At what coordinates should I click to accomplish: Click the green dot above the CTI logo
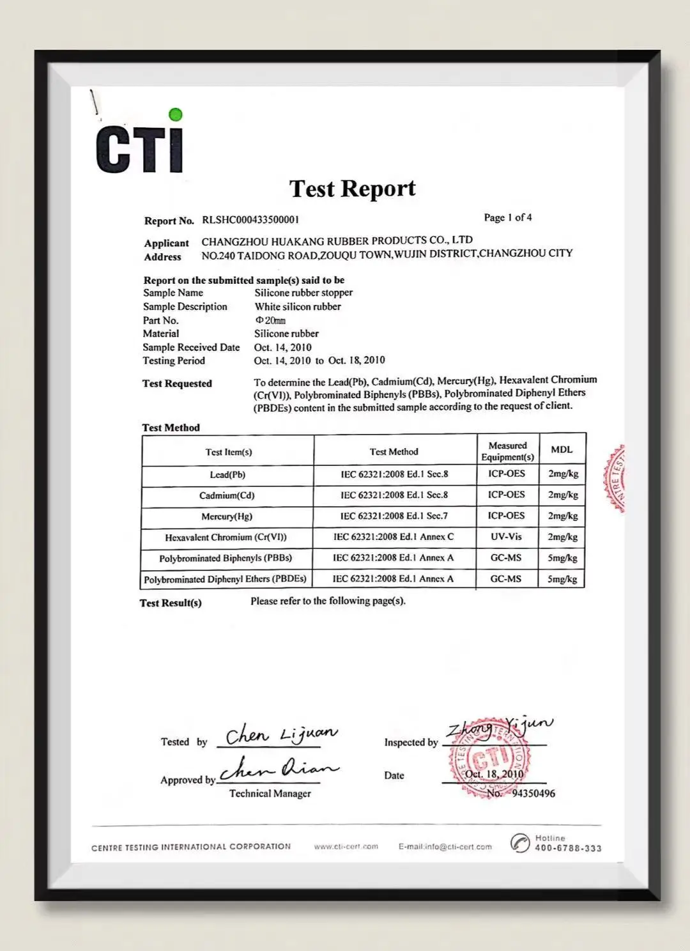tap(176, 115)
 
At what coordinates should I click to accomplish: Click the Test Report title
tap(352, 189)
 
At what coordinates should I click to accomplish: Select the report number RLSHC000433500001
tap(250, 220)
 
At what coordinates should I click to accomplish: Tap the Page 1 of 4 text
tap(507, 218)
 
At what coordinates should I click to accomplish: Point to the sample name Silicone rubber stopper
tap(303, 293)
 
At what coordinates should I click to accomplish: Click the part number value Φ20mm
tap(270, 320)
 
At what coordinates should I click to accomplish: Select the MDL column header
tap(562, 450)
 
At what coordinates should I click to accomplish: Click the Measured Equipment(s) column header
tap(507, 451)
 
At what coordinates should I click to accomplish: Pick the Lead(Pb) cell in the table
tap(227, 475)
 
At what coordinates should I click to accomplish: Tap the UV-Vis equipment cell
tap(506, 537)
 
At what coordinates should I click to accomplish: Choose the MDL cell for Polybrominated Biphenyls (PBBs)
tap(562, 558)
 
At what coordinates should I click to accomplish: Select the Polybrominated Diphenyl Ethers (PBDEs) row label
tap(225, 579)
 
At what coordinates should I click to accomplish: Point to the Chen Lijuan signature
tap(281, 734)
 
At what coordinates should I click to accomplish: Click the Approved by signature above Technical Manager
tap(279, 769)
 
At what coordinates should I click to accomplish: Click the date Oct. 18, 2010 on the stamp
tap(494, 774)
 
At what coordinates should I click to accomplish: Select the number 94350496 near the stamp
tap(533, 793)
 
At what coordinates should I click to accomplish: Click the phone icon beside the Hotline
tap(520, 843)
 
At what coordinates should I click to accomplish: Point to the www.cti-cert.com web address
tap(346, 847)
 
